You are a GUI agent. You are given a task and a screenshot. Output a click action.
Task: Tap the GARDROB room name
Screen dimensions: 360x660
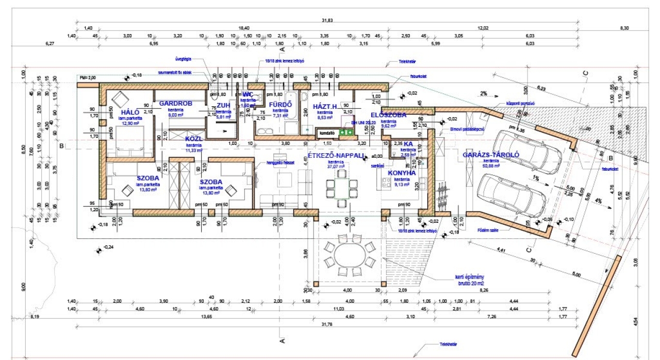pyautogui.click(x=175, y=104)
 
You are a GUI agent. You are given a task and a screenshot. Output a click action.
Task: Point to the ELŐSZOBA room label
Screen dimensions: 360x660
pyautogui.click(x=389, y=114)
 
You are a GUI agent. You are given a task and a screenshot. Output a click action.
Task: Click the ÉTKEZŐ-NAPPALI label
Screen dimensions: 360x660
pyautogui.click(x=336, y=155)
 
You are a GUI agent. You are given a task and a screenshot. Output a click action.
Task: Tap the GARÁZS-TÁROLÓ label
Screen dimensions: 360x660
pyautogui.click(x=490, y=154)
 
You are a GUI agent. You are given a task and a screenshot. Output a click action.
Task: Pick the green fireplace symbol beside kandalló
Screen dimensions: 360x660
pyautogui.click(x=345, y=133)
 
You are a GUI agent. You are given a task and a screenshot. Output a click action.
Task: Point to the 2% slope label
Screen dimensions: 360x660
pyautogui.click(x=483, y=94)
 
